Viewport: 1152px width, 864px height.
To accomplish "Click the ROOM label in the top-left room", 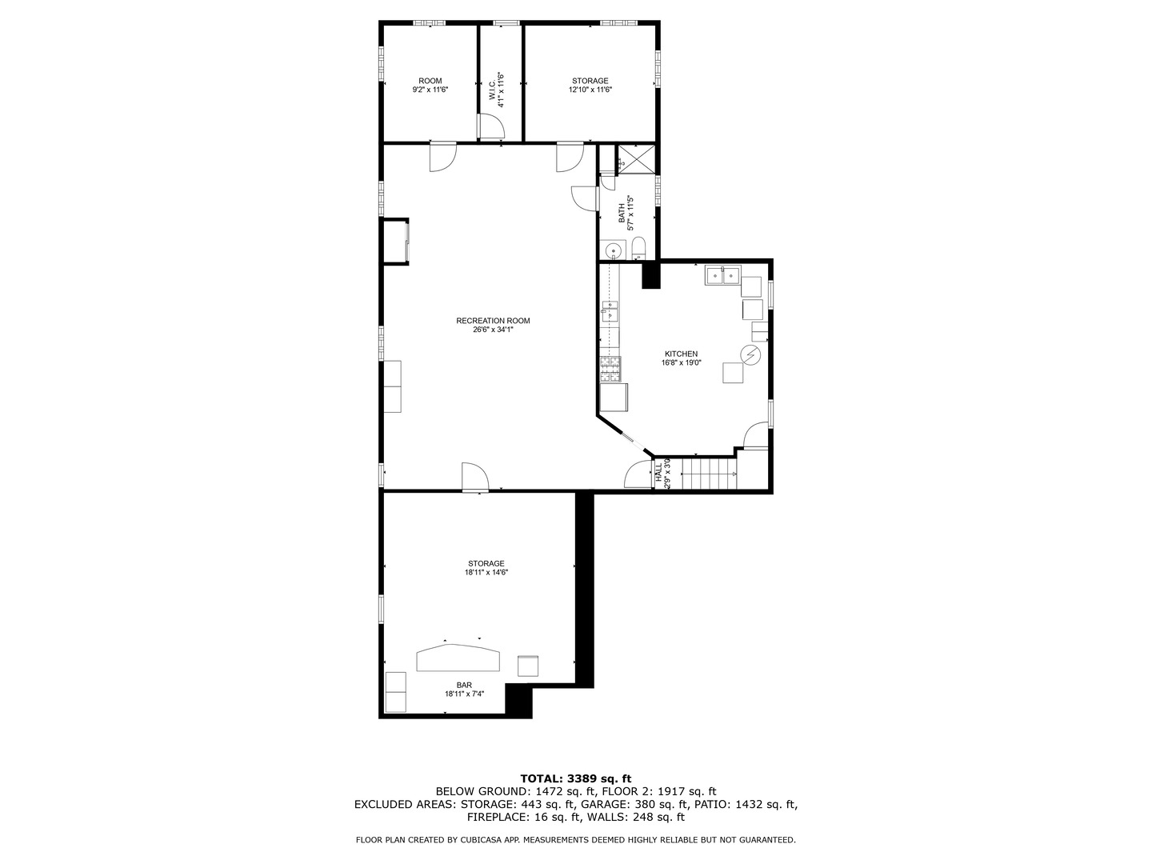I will coord(430,81).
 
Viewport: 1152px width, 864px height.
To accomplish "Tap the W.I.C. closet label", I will coord(492,86).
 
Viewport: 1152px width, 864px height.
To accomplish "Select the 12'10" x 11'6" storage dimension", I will coord(590,90).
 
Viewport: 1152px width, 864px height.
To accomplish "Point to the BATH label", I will coord(622,214).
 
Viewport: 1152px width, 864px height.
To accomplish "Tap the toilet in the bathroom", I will coord(638,247).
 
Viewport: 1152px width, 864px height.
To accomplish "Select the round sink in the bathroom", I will coord(614,250).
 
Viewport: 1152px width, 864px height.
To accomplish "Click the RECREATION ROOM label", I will coord(493,321).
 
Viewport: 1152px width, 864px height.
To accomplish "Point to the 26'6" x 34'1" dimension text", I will coord(493,330).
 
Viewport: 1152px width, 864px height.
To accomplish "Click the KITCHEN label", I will coord(681,354).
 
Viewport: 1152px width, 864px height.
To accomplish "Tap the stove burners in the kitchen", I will coord(610,369).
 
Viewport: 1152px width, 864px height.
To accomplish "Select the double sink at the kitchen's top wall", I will coord(722,277).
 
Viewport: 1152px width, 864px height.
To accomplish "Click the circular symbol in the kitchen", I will coord(750,354).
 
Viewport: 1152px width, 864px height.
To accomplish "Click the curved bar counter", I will coord(458,658).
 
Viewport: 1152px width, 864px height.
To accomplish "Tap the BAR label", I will coord(464,685).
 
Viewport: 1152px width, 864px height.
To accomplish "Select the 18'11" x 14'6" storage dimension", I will coord(486,573).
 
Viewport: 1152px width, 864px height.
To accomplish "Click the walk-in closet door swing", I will coord(490,126).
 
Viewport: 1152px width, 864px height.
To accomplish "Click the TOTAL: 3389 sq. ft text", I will coord(576,778).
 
